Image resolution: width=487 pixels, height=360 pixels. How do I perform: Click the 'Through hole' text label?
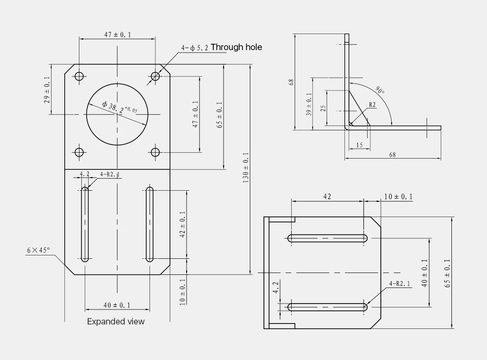pos(236,47)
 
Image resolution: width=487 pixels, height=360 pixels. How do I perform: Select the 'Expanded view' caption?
pos(116,322)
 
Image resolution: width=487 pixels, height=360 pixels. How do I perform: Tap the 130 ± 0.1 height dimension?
pos(245,168)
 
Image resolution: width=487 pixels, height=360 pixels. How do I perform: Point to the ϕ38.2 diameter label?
pos(119,108)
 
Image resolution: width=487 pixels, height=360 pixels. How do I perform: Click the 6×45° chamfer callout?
pos(38,250)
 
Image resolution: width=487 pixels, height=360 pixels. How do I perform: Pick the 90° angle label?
pos(380,90)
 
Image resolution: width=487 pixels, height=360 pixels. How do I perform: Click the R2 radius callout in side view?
pos(372,105)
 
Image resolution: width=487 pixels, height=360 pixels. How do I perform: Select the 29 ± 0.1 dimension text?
pos(47,90)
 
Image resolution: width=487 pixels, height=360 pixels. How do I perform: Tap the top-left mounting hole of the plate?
pos(79,76)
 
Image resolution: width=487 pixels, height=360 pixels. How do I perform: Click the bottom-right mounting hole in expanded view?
pos(155,152)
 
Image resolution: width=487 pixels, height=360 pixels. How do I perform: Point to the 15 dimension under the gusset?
pos(359,145)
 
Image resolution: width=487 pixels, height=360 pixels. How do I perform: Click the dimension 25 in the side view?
pos(323,108)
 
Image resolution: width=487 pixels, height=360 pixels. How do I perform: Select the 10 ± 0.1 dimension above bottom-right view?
pos(398,197)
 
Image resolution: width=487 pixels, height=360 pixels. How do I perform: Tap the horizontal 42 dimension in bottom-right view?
pos(327,197)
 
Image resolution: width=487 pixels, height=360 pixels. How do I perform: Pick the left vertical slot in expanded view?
pos(85,224)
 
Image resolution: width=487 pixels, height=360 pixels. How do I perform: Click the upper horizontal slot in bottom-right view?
pos(328,238)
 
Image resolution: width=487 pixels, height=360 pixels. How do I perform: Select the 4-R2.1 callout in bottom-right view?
pos(400,283)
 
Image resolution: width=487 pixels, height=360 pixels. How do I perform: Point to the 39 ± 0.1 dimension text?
pos(309,104)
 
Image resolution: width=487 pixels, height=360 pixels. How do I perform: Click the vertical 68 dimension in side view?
pos(291,82)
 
